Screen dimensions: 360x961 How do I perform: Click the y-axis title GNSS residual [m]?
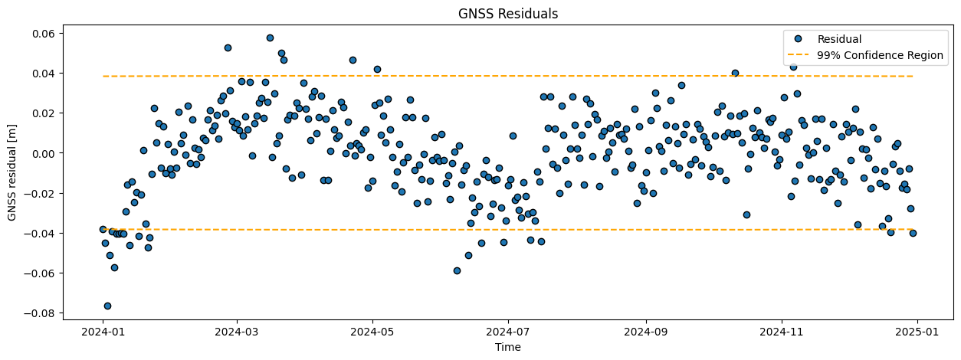coord(13,172)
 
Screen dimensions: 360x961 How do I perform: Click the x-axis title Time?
coord(507,347)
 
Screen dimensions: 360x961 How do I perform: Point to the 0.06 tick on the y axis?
coord(42,34)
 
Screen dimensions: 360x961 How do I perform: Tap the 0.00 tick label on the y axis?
coord(42,153)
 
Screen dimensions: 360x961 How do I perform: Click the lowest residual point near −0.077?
coord(107,306)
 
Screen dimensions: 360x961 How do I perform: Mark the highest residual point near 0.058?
coord(270,38)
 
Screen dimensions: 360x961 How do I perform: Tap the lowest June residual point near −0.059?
coord(457,270)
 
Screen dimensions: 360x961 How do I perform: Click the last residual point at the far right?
coord(913,233)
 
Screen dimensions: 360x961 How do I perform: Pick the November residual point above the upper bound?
coord(793,67)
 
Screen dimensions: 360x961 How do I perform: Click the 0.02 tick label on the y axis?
coord(42,113)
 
